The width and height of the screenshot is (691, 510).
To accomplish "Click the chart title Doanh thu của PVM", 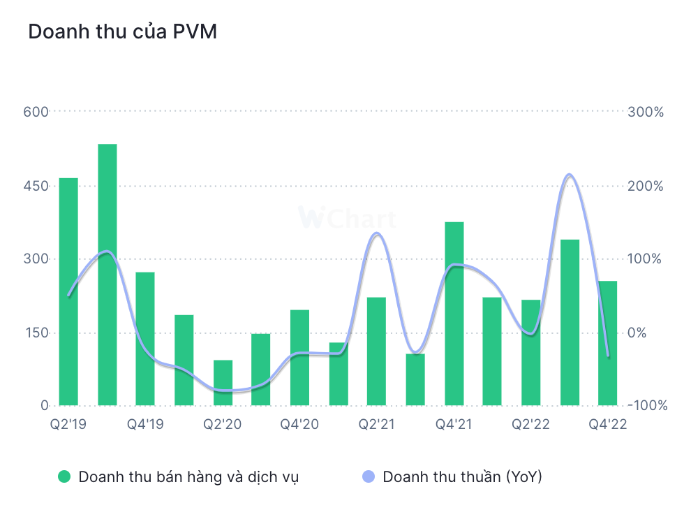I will (x=122, y=32).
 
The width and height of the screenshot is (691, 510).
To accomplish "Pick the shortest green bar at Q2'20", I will (x=223, y=383).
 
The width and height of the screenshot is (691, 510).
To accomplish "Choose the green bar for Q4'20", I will (x=299, y=358).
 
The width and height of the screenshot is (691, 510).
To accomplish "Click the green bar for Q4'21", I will (x=454, y=314).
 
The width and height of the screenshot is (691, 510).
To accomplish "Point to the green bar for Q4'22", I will (x=608, y=343).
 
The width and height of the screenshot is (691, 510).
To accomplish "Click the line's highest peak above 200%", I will (x=570, y=175).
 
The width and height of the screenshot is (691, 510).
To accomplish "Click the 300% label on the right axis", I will (x=645, y=112).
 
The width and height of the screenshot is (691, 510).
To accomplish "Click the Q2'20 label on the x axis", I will (x=223, y=424).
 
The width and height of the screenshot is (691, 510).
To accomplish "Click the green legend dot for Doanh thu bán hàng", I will (x=65, y=477).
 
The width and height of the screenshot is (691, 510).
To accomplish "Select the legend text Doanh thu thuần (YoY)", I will (x=462, y=477).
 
